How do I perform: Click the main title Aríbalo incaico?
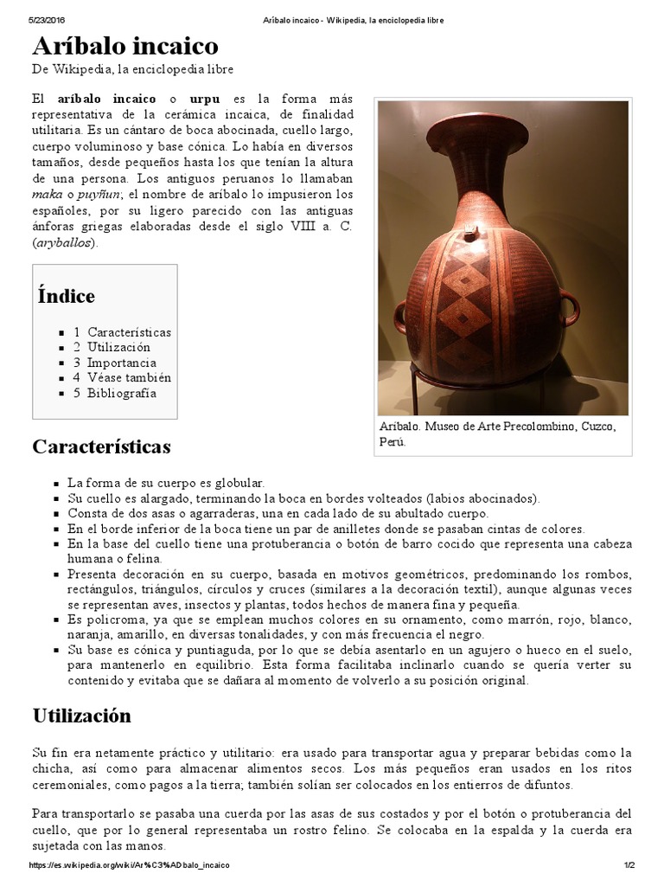tap(125, 45)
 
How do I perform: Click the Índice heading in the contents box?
tap(66, 296)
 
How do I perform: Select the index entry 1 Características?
tap(122, 332)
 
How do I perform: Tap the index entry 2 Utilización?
tap(112, 347)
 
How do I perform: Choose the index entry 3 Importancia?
tap(115, 363)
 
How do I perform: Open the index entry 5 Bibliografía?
tap(115, 393)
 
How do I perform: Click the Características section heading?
tap(101, 446)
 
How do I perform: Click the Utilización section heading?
tap(81, 716)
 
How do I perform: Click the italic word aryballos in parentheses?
tap(65, 242)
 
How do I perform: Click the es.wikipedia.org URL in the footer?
tap(129, 865)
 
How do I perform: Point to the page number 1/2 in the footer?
tap(629, 865)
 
